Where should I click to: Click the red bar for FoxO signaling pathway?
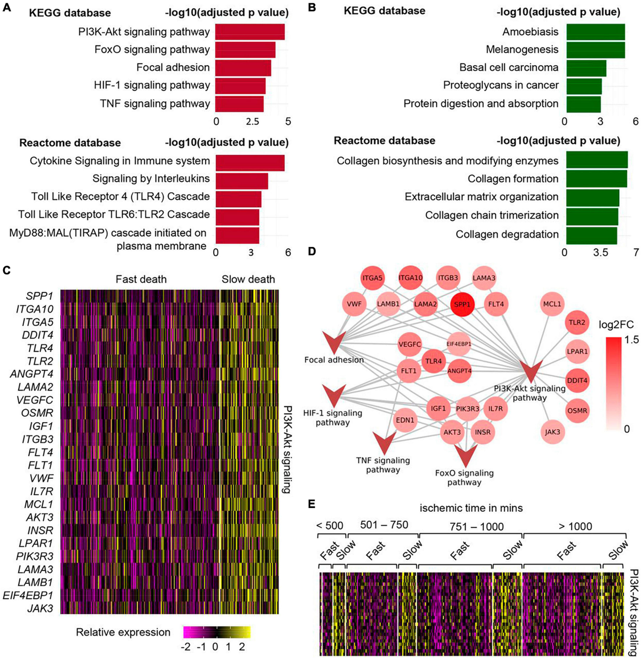(245, 50)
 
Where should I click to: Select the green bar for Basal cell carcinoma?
(585, 68)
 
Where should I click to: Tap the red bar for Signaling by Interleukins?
(241, 179)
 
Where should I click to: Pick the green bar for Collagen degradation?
(590, 234)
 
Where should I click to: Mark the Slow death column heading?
(248, 279)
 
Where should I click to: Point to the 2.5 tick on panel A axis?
(251, 122)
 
